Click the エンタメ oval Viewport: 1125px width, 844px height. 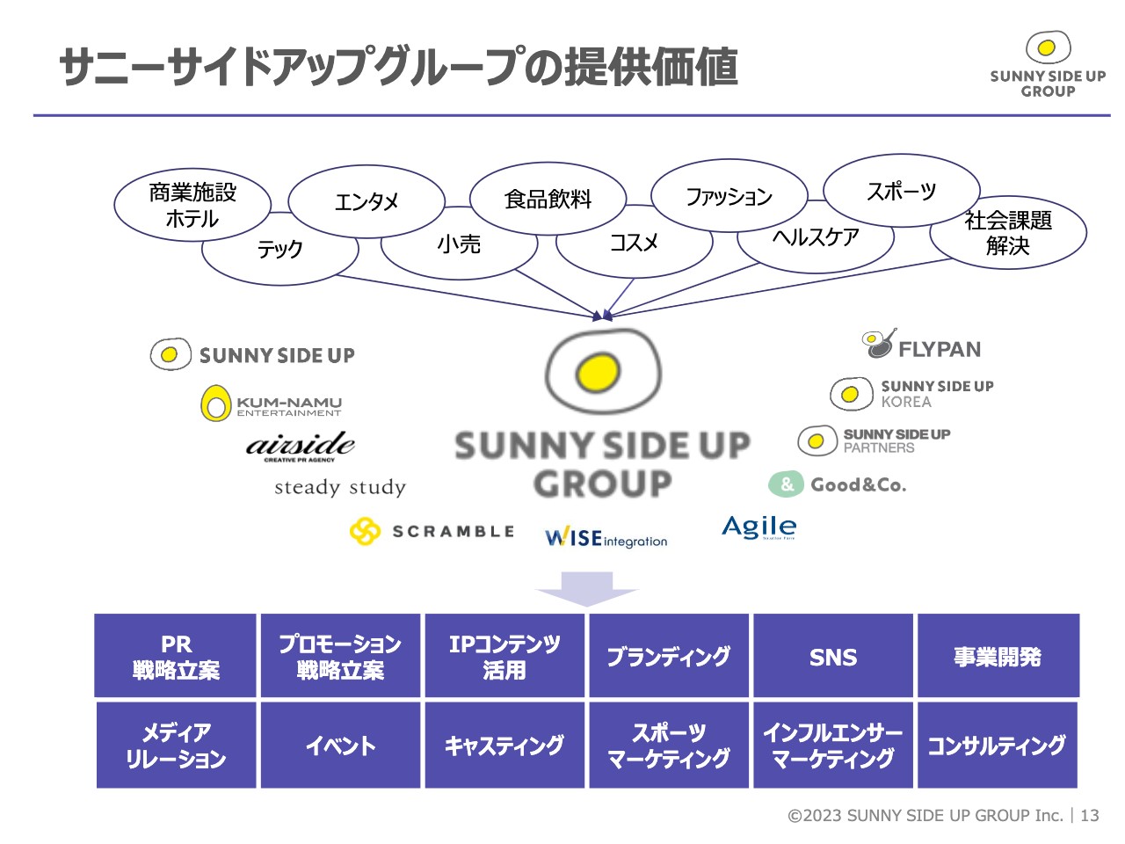click(x=366, y=201)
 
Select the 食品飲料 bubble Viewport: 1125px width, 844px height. click(x=548, y=199)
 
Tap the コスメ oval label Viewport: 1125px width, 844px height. click(x=634, y=242)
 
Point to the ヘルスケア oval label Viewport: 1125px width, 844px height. click(x=816, y=237)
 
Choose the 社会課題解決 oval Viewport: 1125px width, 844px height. click(x=1007, y=232)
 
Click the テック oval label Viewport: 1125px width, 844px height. click(x=279, y=249)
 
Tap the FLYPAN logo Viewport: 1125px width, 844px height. click(x=921, y=344)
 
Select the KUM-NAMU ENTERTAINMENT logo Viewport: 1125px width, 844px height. click(x=271, y=404)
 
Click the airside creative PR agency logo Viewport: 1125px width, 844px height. click(x=301, y=447)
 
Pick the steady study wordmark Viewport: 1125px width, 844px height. click(x=340, y=487)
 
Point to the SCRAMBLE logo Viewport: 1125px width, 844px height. click(x=432, y=531)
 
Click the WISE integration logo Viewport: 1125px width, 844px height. click(x=606, y=538)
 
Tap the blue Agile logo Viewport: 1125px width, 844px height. click(x=759, y=527)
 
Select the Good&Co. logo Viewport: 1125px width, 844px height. click(x=837, y=484)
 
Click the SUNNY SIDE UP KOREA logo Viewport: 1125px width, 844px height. click(x=911, y=394)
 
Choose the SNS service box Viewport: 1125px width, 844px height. click(x=832, y=656)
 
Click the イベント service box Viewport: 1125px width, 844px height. click(x=340, y=745)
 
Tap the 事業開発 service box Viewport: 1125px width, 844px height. click(x=998, y=656)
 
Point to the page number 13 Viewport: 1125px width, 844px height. click(x=1090, y=815)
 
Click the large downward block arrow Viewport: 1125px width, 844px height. click(x=587, y=589)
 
